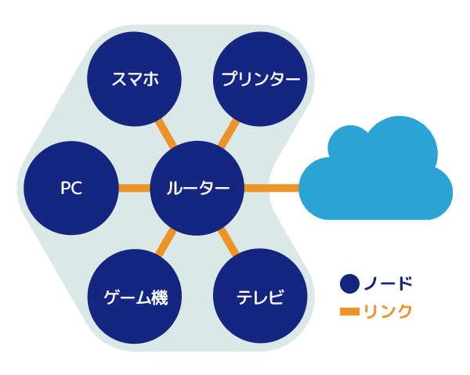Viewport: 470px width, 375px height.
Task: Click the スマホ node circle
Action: point(134,79)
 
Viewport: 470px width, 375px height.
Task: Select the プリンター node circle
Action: point(260,79)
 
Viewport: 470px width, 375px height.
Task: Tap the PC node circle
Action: point(71,188)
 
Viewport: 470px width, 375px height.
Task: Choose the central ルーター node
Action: point(197,188)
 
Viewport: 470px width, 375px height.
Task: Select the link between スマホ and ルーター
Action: point(165,132)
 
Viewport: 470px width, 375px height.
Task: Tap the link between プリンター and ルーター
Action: point(229,132)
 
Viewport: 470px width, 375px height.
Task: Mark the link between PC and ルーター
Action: point(134,188)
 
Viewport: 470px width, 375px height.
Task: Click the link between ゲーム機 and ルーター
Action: point(165,243)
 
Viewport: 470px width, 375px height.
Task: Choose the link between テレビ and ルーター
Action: point(229,243)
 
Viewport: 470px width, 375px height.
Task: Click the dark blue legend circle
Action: point(349,283)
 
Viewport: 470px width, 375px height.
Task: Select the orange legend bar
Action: point(349,312)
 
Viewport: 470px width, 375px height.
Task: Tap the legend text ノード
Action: point(388,283)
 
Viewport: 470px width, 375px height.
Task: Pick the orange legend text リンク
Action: point(388,312)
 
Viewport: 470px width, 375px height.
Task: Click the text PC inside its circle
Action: point(71,189)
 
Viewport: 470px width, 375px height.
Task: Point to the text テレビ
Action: point(260,298)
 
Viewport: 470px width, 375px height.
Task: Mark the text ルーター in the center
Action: point(197,189)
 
